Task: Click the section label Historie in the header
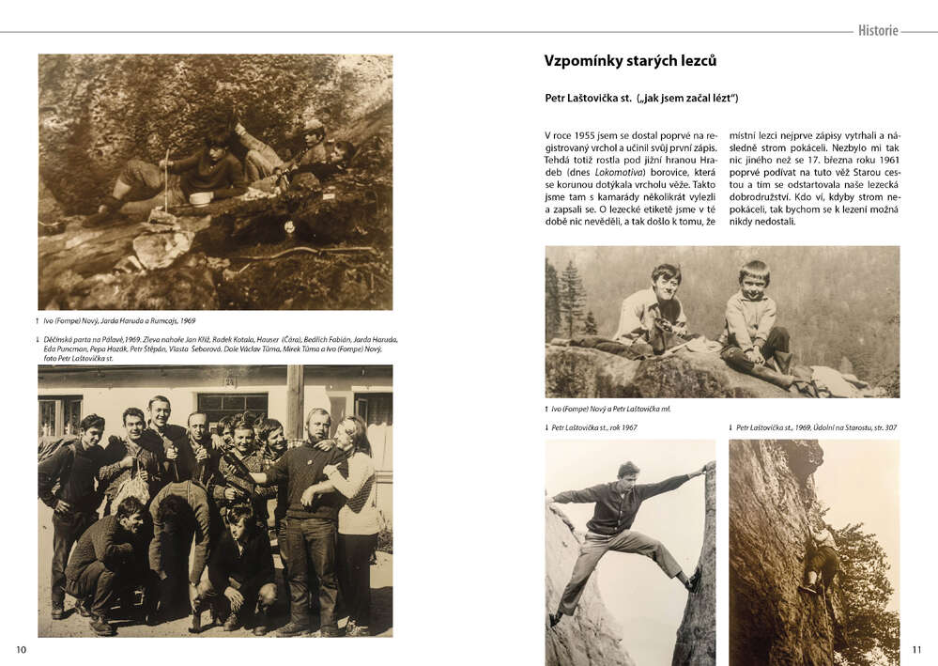click(877, 31)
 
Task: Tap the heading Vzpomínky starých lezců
click(630, 61)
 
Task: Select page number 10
click(22, 649)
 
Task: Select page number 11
click(917, 649)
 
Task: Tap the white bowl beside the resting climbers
click(199, 198)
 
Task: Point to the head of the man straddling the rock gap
click(628, 470)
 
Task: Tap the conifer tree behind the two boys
click(571, 299)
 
